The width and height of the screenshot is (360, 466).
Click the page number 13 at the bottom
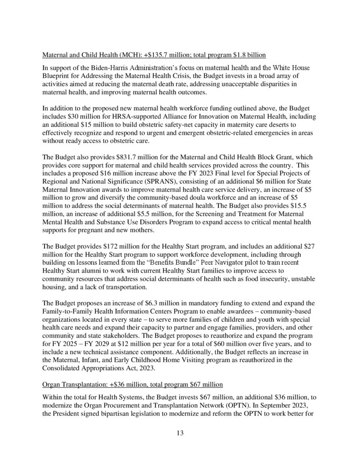(180, 433)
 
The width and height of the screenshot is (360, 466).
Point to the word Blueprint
(57, 76)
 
